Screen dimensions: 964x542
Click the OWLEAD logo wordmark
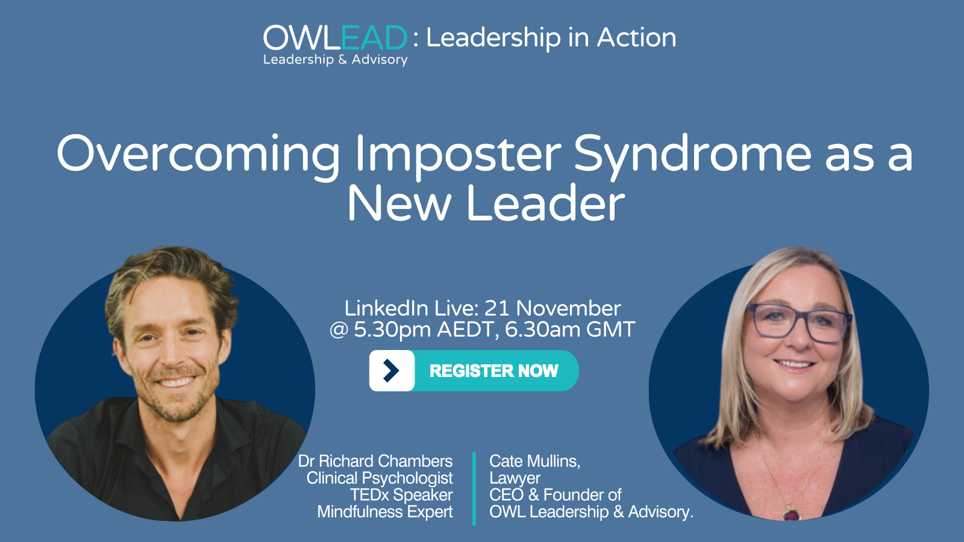point(335,38)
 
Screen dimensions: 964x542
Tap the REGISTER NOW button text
point(493,371)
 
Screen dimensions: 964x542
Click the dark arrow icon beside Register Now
point(391,371)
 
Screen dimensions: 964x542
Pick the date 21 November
point(552,308)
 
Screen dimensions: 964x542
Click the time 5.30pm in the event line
point(392,330)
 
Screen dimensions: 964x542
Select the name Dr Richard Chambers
point(375,461)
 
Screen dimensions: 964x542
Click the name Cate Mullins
point(534,461)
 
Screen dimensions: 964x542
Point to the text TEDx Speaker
point(401,495)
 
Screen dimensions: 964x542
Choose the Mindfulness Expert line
point(385,512)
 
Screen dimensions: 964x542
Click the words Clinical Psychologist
point(380,478)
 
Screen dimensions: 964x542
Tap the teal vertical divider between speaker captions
point(474,488)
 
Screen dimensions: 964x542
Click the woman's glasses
point(798,323)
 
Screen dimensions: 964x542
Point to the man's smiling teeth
point(175,382)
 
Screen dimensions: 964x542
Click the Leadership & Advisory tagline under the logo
point(335,60)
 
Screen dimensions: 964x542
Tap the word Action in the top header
point(636,38)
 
